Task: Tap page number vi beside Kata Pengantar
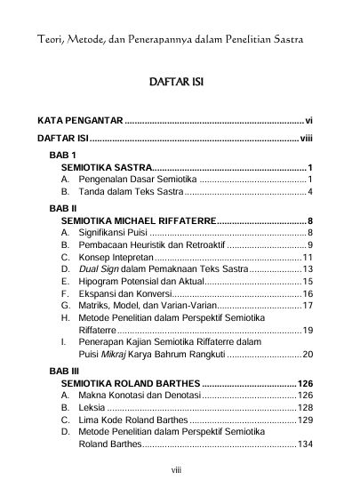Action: click(307, 119)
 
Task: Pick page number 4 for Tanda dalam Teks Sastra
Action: click(308, 192)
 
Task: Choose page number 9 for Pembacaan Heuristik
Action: click(308, 244)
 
